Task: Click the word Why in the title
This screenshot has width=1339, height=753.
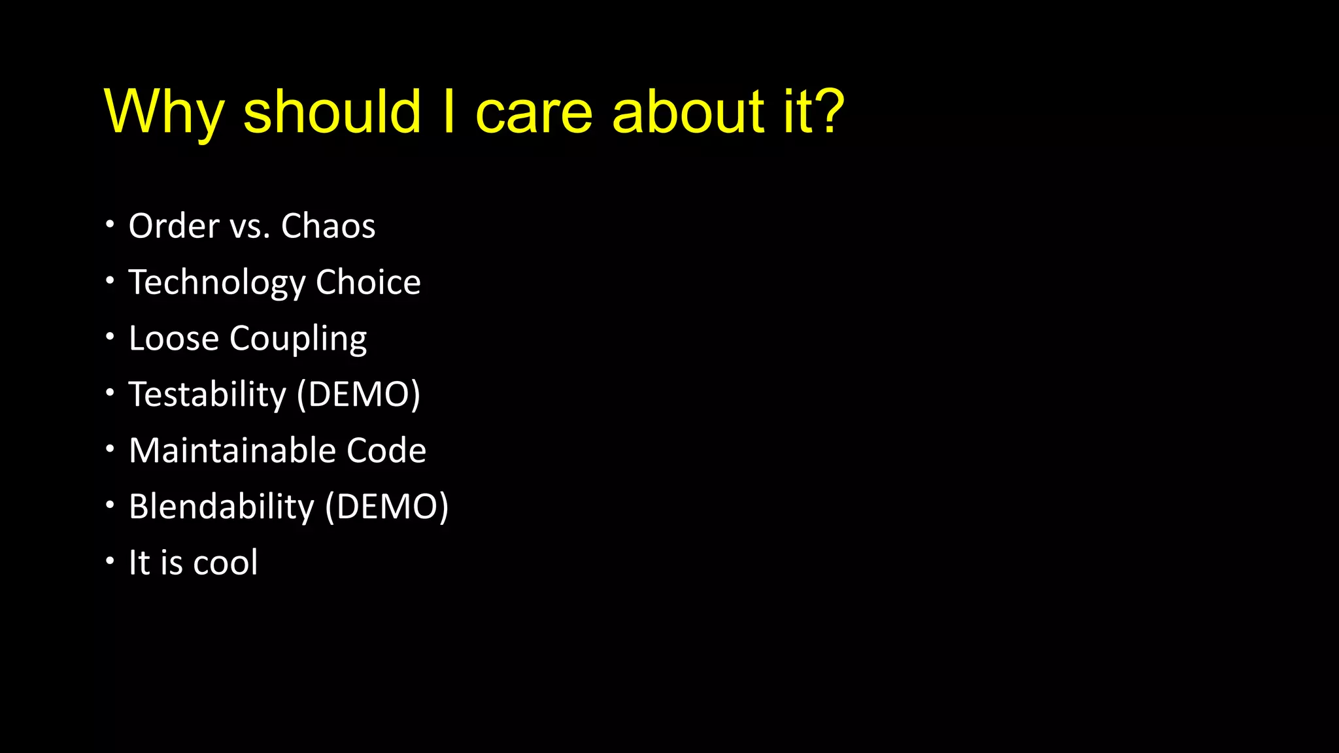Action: pyautogui.click(x=163, y=112)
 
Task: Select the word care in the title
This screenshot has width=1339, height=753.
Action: pyautogui.click(x=534, y=112)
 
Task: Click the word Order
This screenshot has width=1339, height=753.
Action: pyautogui.click(x=174, y=226)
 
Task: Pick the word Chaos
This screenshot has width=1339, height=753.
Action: pyautogui.click(x=328, y=226)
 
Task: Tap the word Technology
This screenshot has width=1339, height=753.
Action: pyautogui.click(x=217, y=283)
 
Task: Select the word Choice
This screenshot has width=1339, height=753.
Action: pyautogui.click(x=368, y=282)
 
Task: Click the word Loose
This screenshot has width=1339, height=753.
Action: pyautogui.click(x=174, y=339)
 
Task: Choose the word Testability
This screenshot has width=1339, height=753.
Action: pyautogui.click(x=207, y=395)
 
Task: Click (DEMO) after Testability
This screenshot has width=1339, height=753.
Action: pyautogui.click(x=358, y=395)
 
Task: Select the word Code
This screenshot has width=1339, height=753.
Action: pyautogui.click(x=386, y=450)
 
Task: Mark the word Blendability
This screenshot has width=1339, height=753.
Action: pyautogui.click(x=222, y=507)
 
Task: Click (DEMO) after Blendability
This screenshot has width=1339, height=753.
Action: pyautogui.click(x=387, y=507)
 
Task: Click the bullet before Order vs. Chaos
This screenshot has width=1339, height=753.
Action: pyautogui.click(x=110, y=225)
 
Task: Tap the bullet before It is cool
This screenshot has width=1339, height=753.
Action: pyautogui.click(x=110, y=561)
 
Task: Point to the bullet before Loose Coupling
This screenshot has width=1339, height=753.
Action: pyautogui.click(x=110, y=337)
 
